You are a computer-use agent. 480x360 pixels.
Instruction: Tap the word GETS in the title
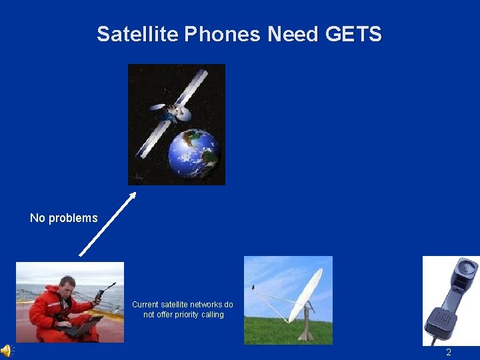coord(354,34)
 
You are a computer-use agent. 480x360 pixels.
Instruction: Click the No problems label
coord(63,218)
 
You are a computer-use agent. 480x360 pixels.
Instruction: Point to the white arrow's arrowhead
coord(133,195)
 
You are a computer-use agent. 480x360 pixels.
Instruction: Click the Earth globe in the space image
coord(193,153)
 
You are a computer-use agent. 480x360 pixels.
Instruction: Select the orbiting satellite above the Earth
coord(175,110)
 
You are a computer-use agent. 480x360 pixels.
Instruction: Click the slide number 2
coord(448,352)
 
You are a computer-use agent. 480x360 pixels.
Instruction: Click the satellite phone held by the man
coord(101,293)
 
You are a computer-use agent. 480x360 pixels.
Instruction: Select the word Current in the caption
coord(145,305)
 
